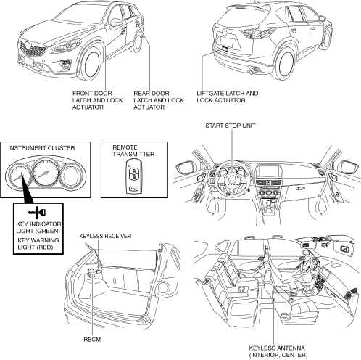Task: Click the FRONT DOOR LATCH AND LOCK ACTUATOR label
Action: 98,100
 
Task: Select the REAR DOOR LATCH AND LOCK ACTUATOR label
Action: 159,100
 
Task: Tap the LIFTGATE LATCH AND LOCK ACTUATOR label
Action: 228,97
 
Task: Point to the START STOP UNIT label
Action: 231,126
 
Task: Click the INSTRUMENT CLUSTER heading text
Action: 41,148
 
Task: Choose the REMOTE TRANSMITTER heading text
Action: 133,151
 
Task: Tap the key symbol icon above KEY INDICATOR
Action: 37,213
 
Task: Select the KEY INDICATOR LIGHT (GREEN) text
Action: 38,227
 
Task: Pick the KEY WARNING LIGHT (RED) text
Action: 38,244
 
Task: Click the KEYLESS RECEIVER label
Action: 105,236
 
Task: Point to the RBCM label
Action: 92,340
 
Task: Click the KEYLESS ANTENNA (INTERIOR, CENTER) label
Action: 278,351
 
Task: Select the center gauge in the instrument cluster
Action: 46,173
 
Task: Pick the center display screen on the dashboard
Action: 268,171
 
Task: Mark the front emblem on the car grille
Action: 28,45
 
